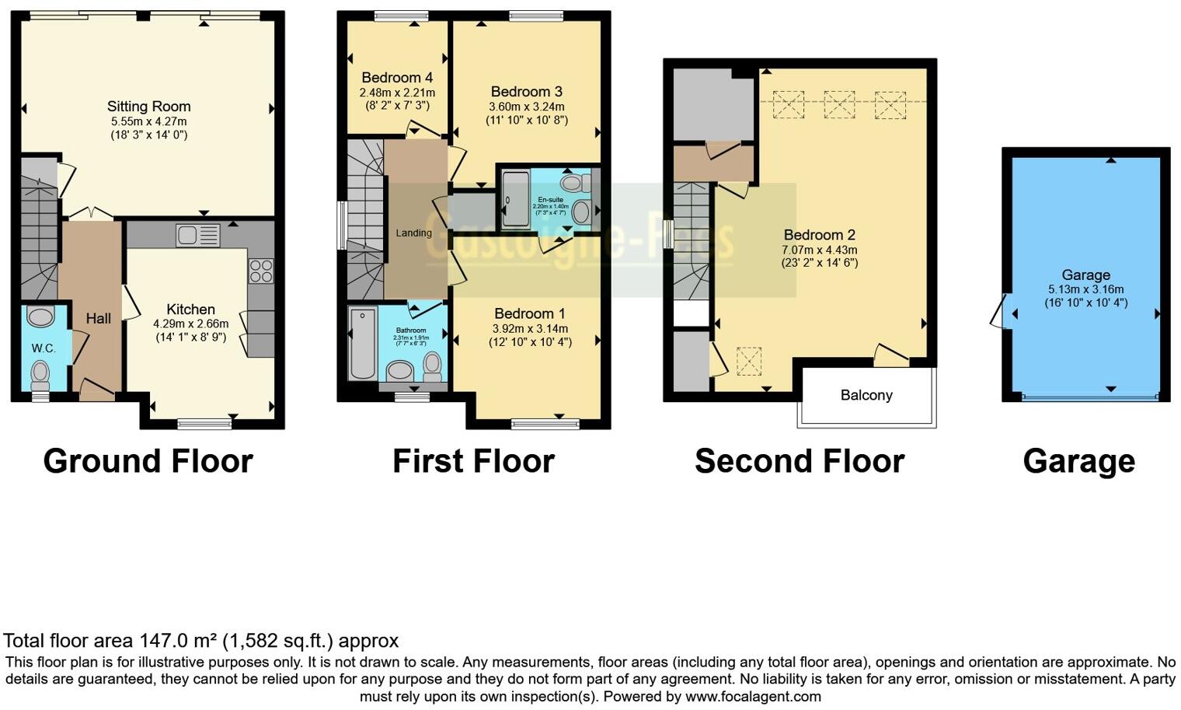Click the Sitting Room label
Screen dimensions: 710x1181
148,107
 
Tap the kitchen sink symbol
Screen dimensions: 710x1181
197,234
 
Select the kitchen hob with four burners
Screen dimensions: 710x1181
261,271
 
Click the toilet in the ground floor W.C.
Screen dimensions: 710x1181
40,376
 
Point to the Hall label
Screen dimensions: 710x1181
99,318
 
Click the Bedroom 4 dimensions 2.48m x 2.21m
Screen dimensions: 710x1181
397,93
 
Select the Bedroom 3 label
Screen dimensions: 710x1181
526,92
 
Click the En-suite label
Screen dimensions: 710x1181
551,199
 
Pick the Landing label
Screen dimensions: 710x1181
413,233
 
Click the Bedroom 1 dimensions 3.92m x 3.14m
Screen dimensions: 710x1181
530,327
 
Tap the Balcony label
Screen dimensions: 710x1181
866,395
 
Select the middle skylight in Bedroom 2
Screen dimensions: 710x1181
838,104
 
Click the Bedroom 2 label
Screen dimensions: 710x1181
819,235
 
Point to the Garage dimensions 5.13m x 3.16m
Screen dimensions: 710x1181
1085,289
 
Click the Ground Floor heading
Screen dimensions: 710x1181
148,461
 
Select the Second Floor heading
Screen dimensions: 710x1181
799,461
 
